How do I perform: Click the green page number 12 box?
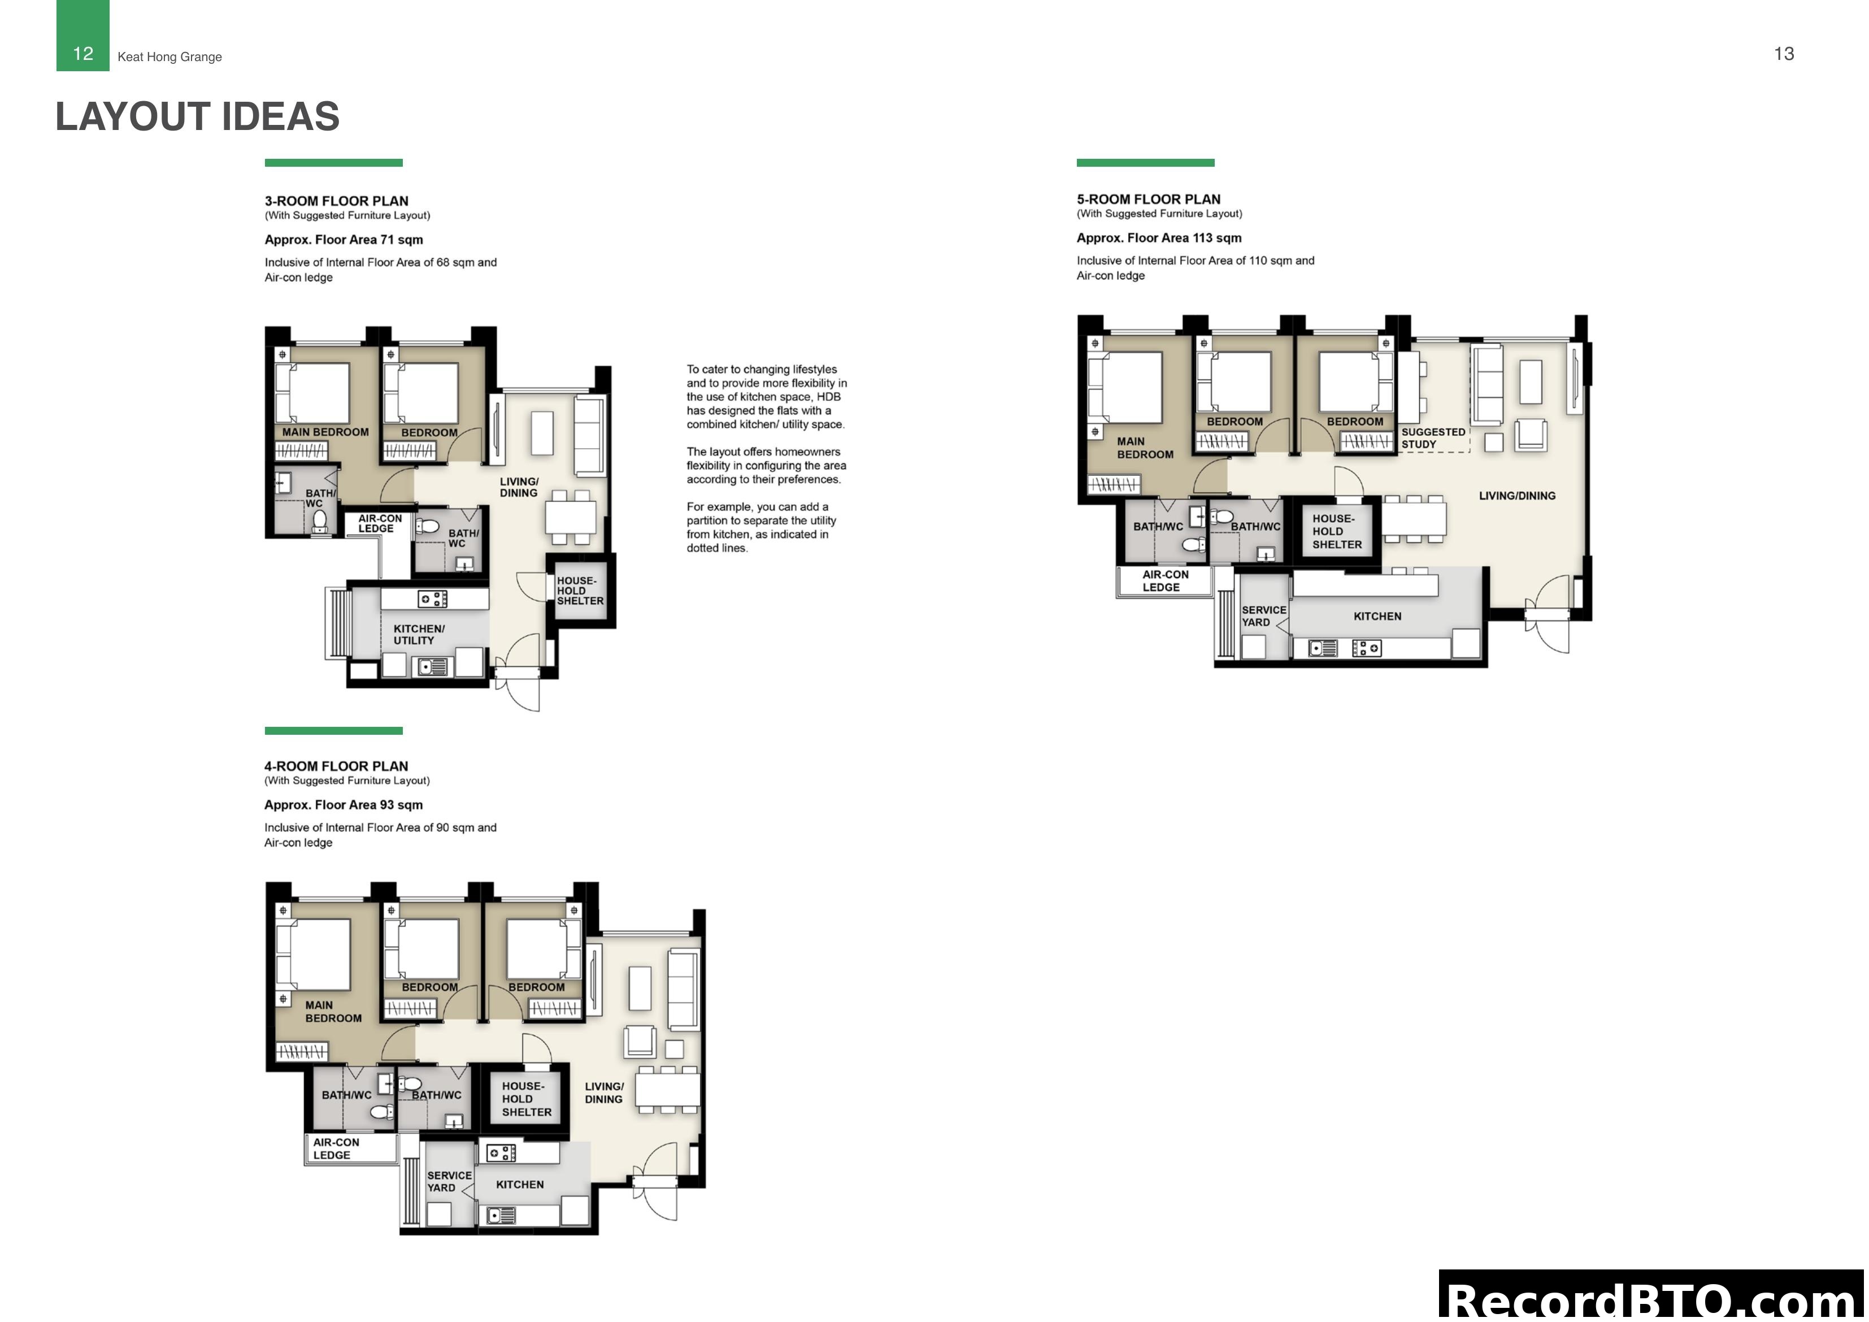tap(82, 37)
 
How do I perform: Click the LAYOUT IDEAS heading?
tap(197, 116)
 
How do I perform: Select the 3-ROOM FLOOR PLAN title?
tap(336, 201)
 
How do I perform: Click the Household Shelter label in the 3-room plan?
tap(580, 591)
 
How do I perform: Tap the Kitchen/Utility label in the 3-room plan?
tap(419, 635)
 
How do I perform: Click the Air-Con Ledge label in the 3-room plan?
tap(379, 523)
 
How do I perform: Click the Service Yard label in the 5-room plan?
tap(1263, 616)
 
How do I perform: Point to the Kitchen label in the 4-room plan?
tap(519, 1184)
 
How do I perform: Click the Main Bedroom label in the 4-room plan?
tap(332, 1012)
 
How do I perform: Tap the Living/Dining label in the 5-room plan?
tap(1516, 495)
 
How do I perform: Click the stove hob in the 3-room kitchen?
tap(432, 600)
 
